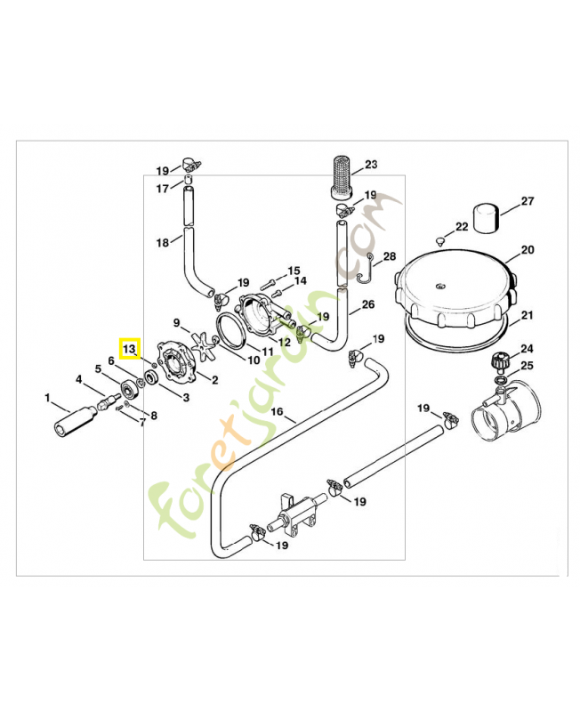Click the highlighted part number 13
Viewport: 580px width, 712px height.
(129, 347)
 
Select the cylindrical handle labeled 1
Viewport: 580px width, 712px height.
(73, 422)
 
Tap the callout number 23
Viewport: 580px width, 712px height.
(371, 164)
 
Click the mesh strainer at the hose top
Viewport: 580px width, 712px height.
(339, 179)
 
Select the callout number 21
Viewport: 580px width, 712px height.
(527, 316)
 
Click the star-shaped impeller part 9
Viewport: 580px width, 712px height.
(204, 342)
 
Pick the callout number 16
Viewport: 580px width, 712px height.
(277, 412)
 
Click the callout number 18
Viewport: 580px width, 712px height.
(162, 243)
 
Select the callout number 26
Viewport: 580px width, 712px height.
(368, 303)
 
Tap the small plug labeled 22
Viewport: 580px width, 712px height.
(440, 240)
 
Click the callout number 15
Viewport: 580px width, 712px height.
(294, 270)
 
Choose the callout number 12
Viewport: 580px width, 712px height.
(285, 342)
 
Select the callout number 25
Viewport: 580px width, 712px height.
(527, 366)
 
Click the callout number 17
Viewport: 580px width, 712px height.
(162, 189)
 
